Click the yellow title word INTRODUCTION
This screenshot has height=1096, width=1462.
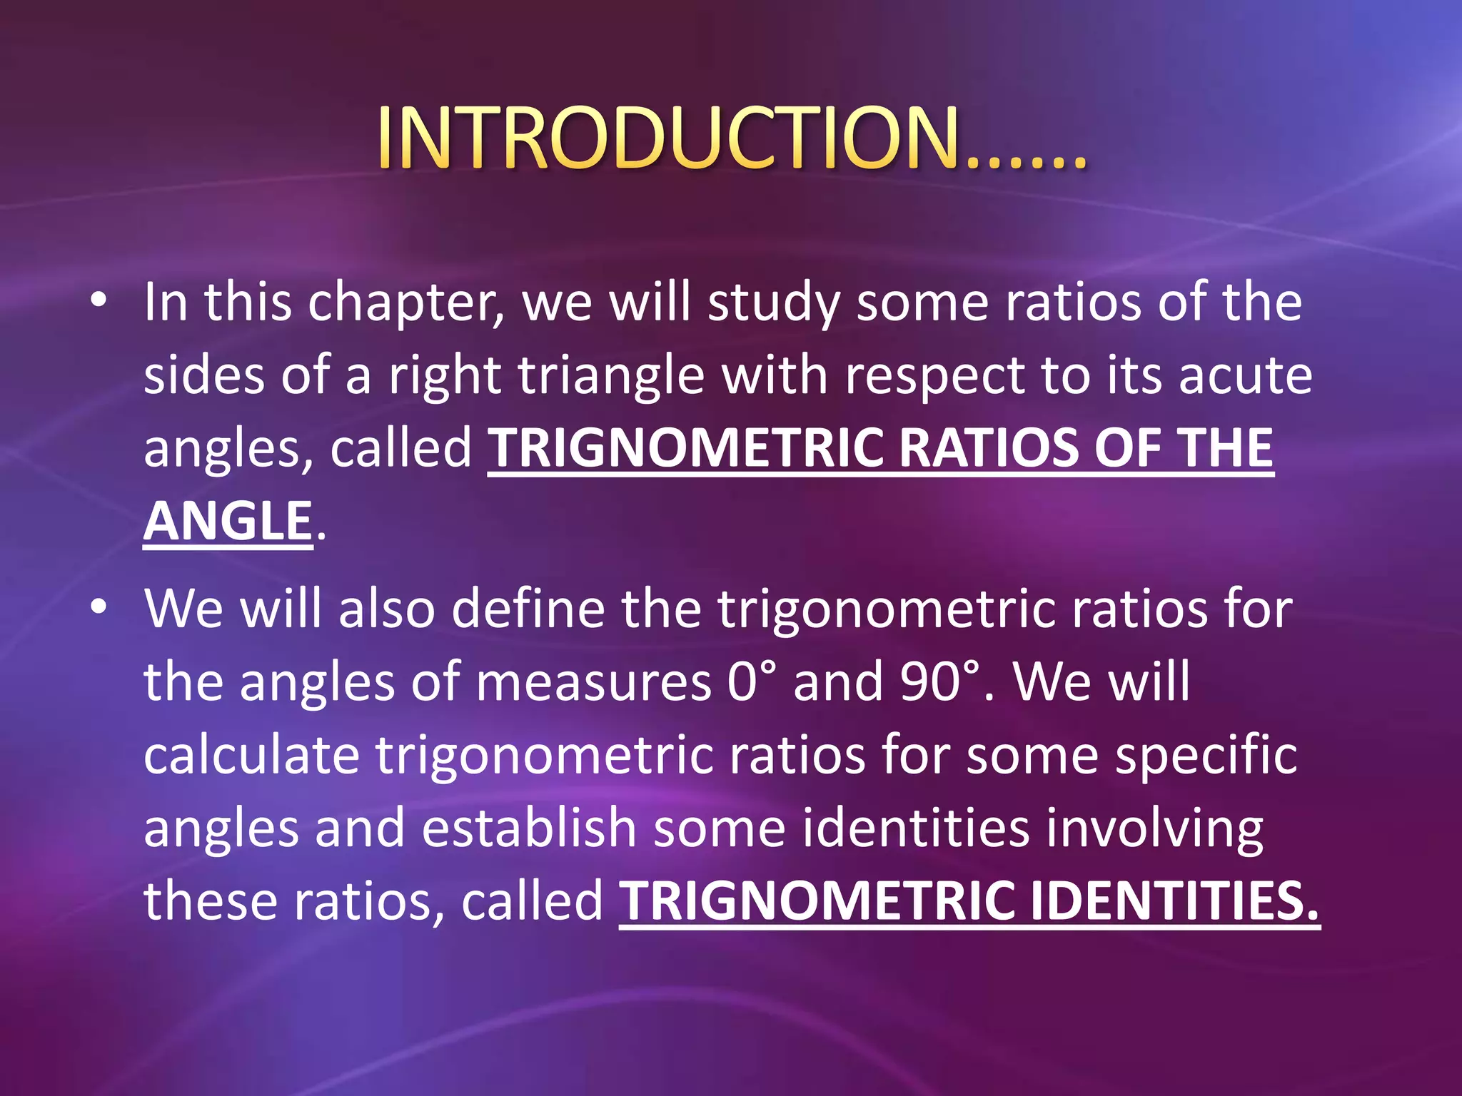[667, 139]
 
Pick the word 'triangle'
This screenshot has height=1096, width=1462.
[612, 376]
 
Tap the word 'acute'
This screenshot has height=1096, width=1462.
[1245, 376]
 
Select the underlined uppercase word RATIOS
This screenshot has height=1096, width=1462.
[988, 448]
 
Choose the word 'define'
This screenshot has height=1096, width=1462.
[528, 609]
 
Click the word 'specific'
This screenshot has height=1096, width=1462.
[1206, 756]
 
